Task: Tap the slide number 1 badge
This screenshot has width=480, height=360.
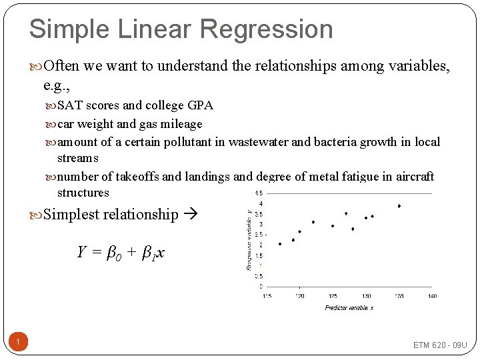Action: coord(19,343)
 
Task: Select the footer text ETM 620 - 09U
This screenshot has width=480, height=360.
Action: coord(440,345)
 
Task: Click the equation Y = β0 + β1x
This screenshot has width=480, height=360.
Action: coord(121,252)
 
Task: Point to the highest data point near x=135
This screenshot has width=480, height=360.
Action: coord(399,206)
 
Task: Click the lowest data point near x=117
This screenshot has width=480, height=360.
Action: coord(280,244)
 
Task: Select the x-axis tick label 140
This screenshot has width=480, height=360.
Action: coord(432,296)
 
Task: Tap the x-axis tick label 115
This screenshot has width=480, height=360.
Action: coord(267,296)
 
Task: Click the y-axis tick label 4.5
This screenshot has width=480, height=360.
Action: coord(259,193)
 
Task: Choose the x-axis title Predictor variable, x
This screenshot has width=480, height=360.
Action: coord(349,307)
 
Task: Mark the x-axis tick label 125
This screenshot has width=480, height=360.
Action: coord(333,296)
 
